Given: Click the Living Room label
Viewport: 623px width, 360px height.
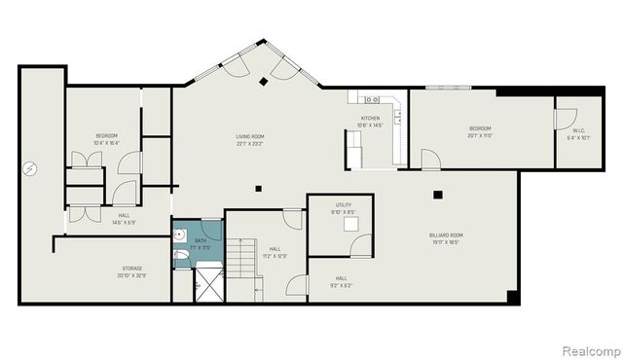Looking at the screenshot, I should (251, 136).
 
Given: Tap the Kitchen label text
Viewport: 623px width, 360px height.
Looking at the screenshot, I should (373, 120).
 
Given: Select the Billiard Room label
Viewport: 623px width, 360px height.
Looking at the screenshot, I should (447, 234).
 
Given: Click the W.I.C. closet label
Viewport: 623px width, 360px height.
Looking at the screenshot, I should (577, 130).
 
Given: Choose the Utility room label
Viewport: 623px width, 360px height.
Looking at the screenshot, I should (344, 205).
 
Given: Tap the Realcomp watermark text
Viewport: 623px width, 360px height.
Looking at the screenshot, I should (589, 349).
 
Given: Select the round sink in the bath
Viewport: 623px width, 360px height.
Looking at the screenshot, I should (180, 234).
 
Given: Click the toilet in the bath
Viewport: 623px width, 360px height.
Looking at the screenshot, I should (179, 257).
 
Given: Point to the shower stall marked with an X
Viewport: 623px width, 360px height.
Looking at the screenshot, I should (208, 284).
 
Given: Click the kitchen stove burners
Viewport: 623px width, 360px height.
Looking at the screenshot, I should (370, 99).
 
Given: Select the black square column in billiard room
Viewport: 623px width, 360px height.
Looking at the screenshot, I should (438, 196).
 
